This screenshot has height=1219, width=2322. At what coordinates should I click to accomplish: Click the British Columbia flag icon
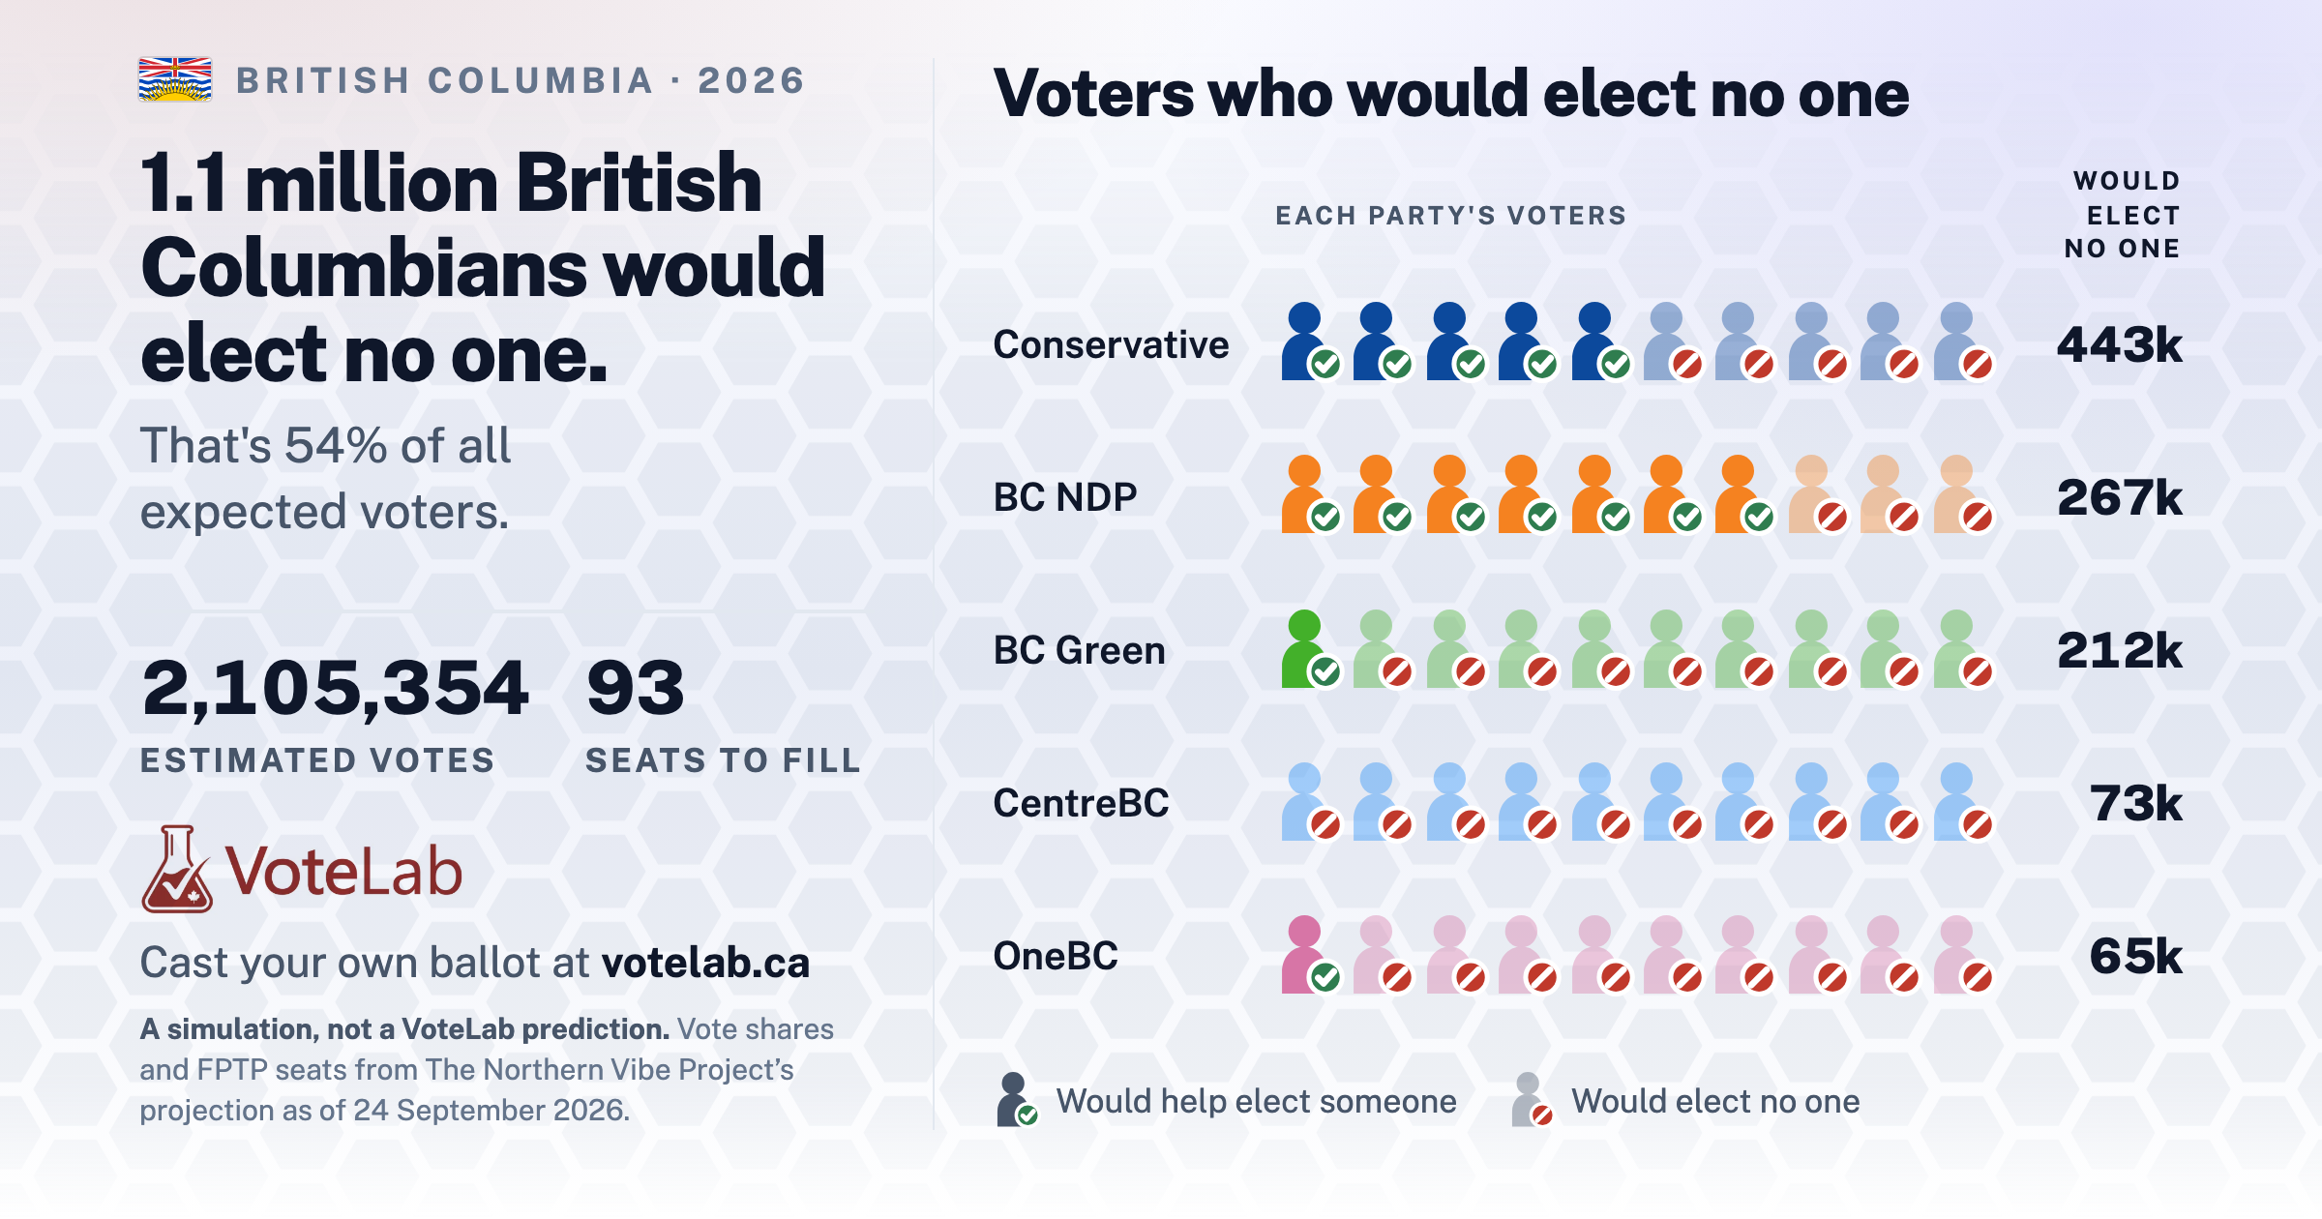pyautogui.click(x=175, y=79)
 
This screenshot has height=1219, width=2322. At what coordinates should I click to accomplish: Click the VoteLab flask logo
pyautogui.click(x=177, y=869)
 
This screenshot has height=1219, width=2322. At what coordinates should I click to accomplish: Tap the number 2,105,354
pyautogui.click(x=335, y=688)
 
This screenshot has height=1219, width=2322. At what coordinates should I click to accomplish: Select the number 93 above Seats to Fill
pyautogui.click(x=636, y=688)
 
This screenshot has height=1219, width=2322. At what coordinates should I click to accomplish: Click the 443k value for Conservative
pyautogui.click(x=2119, y=344)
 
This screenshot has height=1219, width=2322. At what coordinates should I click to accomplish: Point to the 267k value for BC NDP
pyautogui.click(x=2119, y=497)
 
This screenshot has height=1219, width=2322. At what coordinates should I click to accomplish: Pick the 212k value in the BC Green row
pyautogui.click(x=2119, y=650)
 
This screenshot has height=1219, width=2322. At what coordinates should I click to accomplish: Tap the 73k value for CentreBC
pyautogui.click(x=2135, y=803)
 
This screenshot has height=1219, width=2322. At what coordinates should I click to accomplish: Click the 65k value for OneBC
pyautogui.click(x=2135, y=956)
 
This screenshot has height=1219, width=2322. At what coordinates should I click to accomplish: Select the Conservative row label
pyautogui.click(x=1111, y=344)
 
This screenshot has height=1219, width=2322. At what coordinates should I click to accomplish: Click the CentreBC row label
pyautogui.click(x=1081, y=803)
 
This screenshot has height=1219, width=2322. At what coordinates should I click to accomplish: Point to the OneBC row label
pyautogui.click(x=1056, y=956)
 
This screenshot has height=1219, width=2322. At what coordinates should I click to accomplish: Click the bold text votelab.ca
pyautogui.click(x=705, y=963)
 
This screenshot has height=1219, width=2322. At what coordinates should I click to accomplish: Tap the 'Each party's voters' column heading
pyautogui.click(x=1450, y=216)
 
